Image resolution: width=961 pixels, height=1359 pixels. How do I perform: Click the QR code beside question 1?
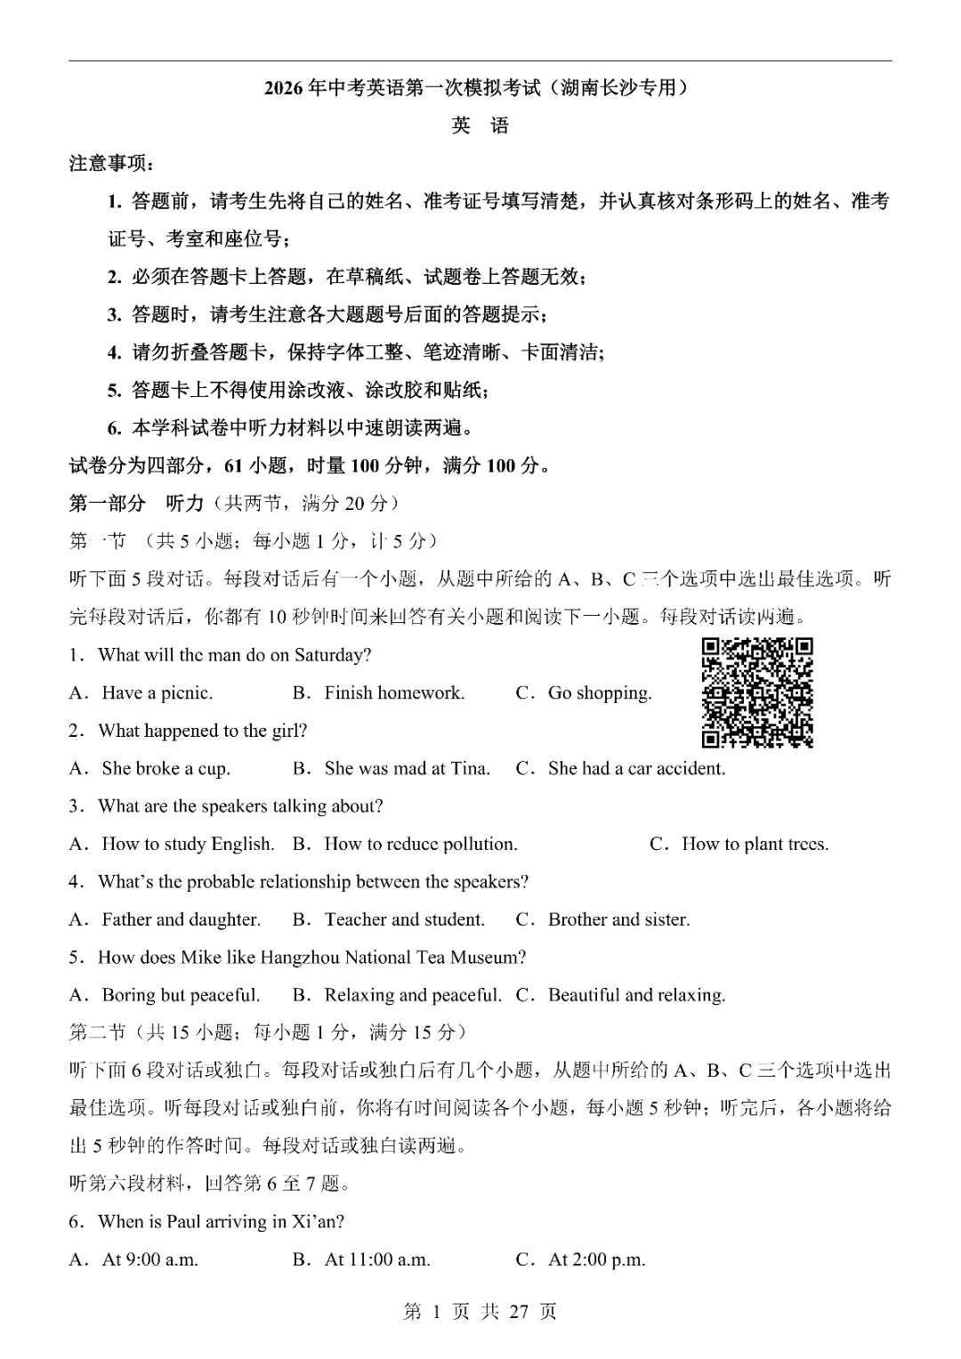click(757, 692)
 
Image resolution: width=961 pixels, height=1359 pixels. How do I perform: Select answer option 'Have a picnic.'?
click(157, 692)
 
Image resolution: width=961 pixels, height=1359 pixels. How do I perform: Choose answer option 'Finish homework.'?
click(394, 692)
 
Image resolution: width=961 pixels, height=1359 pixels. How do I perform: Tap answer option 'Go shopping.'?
click(599, 692)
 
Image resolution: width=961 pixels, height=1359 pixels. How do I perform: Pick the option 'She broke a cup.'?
click(166, 768)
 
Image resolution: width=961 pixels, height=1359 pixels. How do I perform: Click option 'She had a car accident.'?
click(636, 768)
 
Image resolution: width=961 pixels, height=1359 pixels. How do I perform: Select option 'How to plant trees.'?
click(755, 844)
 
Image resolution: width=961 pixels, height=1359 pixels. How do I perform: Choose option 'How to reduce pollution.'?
click(420, 844)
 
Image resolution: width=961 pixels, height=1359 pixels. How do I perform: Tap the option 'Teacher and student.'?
click(404, 919)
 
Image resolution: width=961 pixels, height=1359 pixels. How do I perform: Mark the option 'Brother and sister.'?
click(618, 919)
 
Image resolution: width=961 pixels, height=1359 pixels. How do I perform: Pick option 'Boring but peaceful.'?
click(181, 995)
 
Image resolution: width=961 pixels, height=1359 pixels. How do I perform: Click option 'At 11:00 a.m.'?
click(377, 1259)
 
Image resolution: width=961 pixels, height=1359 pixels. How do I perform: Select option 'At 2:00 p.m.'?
click(596, 1259)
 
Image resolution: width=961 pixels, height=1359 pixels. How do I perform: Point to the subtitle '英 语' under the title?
click(480, 125)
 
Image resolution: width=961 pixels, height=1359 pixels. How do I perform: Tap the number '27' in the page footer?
click(519, 1312)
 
